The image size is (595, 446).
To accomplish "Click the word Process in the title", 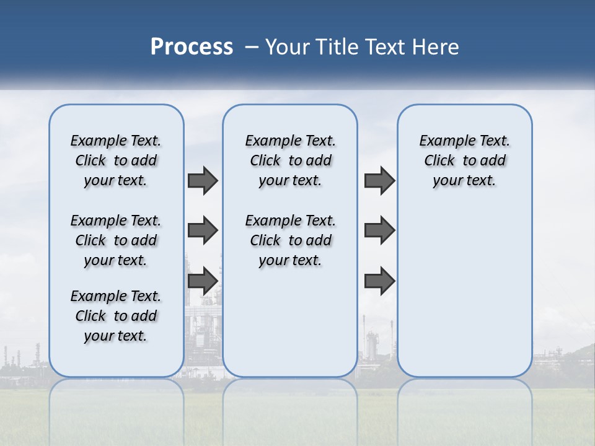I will [x=192, y=47].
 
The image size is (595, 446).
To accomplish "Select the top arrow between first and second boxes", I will [x=203, y=180].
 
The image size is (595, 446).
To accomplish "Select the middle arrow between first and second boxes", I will [x=203, y=230].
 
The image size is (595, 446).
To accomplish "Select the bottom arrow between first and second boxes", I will [x=203, y=281].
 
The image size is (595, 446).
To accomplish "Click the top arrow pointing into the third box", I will [x=379, y=180].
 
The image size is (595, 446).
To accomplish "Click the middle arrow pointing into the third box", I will [x=379, y=230].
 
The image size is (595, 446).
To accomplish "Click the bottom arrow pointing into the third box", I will [x=379, y=281].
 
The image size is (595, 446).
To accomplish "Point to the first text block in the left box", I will [x=116, y=160].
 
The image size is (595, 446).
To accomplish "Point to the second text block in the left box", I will [x=116, y=240].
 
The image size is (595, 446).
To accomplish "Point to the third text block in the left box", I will [x=116, y=316].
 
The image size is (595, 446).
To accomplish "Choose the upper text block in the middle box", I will [x=290, y=160].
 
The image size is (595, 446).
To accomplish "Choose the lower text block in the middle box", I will [x=290, y=240].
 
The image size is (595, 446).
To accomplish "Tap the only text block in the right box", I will [x=464, y=160].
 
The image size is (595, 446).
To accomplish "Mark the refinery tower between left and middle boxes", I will [x=203, y=322].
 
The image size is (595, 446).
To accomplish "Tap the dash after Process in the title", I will [x=252, y=47].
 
